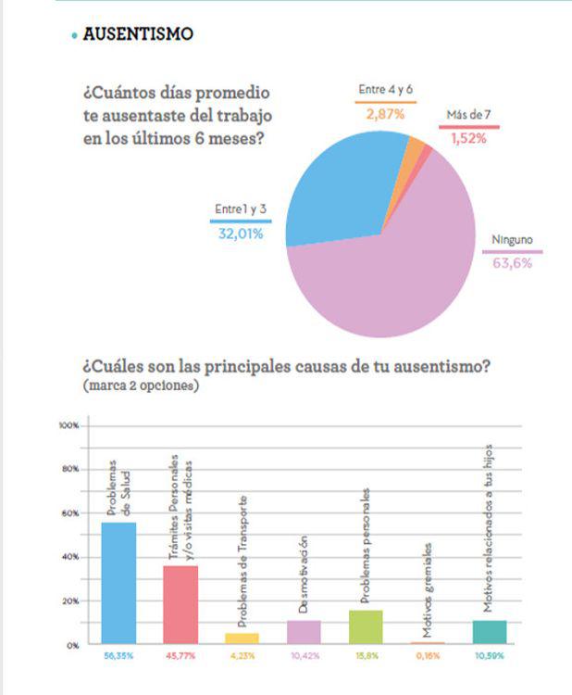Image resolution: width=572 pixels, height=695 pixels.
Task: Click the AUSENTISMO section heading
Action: tap(138, 34)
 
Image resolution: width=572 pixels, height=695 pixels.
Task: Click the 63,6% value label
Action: tap(512, 262)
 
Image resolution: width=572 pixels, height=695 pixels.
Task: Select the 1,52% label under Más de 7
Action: tap(468, 138)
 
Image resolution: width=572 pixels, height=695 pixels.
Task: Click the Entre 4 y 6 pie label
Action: tap(386, 90)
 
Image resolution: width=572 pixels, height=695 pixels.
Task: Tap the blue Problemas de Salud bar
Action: tap(118, 583)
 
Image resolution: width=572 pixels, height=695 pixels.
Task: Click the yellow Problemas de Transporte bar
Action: tap(242, 638)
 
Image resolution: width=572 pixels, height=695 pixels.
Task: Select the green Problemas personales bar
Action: tap(366, 626)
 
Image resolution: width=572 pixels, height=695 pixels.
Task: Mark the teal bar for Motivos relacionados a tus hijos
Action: tap(489, 632)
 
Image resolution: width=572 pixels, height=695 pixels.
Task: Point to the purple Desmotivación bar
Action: tap(304, 632)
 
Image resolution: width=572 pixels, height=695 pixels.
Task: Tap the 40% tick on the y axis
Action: tap(70, 557)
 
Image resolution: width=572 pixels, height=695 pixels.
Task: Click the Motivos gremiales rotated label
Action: tap(427, 590)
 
